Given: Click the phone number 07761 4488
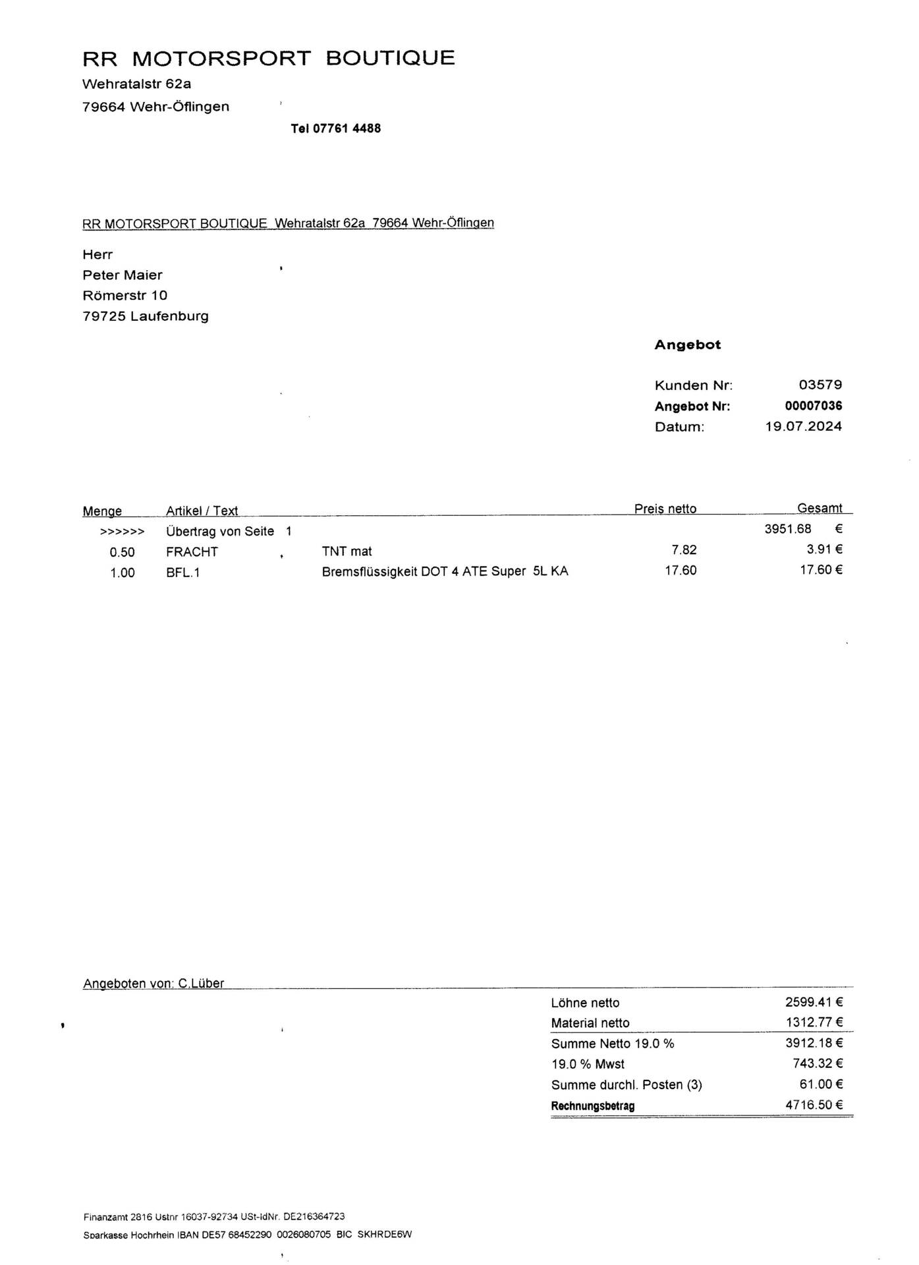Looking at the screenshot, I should tap(347, 128).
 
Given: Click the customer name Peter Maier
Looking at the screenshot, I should tap(122, 275).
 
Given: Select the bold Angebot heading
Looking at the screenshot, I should tap(687, 345).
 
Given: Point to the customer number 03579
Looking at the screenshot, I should tap(820, 385).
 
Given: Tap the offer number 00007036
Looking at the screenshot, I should tap(814, 406).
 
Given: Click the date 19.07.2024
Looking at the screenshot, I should tap(803, 426).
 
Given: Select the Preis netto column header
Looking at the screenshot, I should tap(665, 509).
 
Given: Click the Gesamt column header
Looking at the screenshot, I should tap(820, 508).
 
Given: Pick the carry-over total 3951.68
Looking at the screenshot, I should tap(788, 528).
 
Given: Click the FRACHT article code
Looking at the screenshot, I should tap(192, 551).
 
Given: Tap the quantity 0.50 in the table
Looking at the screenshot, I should tap(122, 552).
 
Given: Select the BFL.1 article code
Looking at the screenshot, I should tap(182, 573).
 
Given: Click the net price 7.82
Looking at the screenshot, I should tap(684, 549).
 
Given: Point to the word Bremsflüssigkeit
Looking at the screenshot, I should tap(369, 571).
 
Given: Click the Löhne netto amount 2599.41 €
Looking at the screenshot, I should tap(814, 1002).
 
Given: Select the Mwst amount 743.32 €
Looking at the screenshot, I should tap(818, 1063).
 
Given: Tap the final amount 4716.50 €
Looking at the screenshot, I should tap(814, 1105).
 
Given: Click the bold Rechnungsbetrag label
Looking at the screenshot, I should tap(592, 1106).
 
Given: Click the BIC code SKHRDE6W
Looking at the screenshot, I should tap(384, 1235).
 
